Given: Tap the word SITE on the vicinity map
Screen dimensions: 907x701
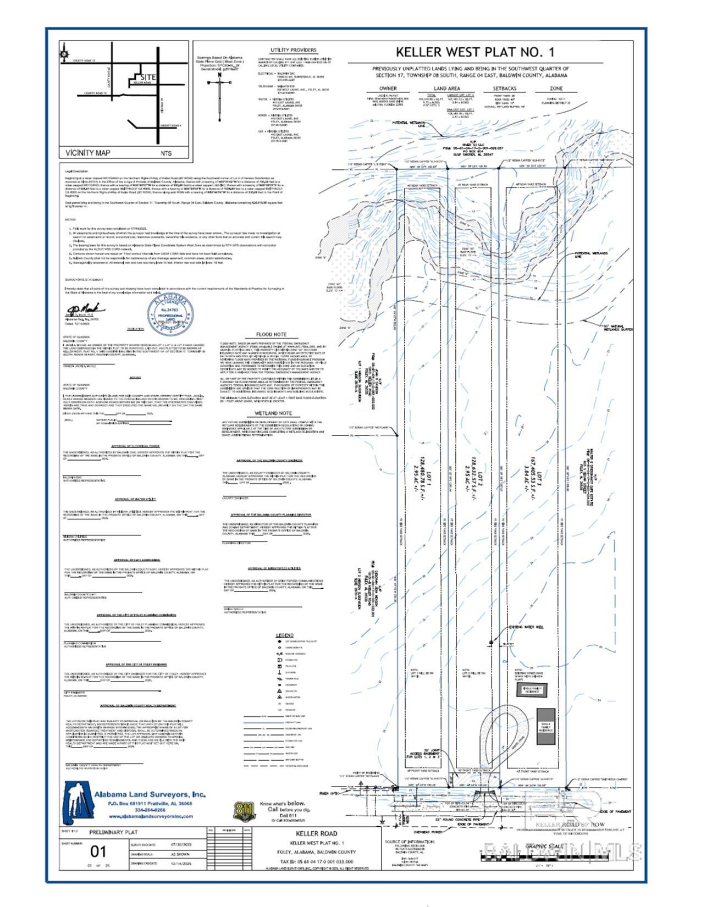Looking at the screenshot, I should tap(149, 78).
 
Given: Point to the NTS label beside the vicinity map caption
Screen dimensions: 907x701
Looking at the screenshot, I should tap(166, 154).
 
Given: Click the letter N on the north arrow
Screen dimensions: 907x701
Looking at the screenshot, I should tap(219, 75).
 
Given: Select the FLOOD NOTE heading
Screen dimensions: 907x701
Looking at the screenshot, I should tap(272, 334).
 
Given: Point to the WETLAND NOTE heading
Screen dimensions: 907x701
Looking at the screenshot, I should tap(273, 413).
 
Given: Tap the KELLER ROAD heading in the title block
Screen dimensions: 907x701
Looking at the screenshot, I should tap(317, 833).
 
